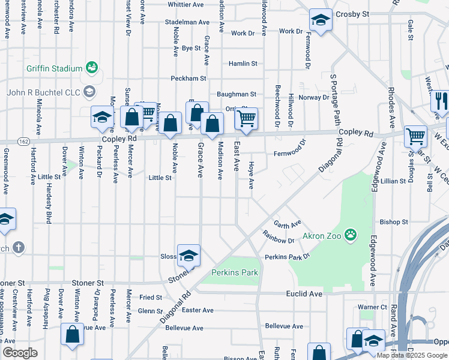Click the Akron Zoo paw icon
point(351,235)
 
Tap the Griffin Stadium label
point(54,68)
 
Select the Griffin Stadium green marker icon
point(92,67)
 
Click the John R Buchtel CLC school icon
point(89,92)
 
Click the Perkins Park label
point(234,272)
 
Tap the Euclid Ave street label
point(307,294)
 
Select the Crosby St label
point(352,13)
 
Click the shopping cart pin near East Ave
point(246,119)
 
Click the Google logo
point(20,353)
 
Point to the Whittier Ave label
point(185,4)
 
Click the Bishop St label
point(394,221)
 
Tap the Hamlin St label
point(243,63)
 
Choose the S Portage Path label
point(334,99)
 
